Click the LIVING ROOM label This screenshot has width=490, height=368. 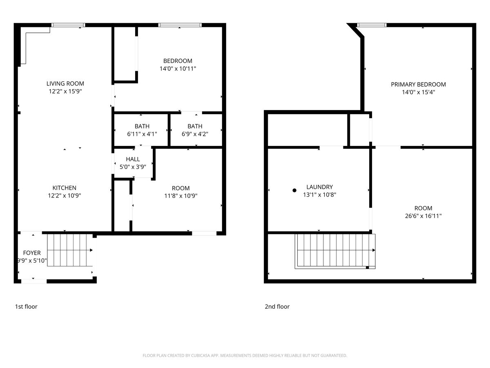65,84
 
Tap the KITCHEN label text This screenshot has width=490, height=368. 64,188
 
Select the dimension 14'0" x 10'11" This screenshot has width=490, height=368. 178,69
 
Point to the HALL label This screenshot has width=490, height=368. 133,159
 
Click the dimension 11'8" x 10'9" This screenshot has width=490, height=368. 180,195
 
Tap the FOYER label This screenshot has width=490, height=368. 32,253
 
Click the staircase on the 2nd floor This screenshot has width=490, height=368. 335,251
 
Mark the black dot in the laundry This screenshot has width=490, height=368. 294,190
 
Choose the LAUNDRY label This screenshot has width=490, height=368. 319,187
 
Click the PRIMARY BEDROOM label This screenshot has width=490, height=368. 418,85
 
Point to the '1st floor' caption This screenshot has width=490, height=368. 26,307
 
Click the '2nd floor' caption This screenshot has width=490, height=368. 277,307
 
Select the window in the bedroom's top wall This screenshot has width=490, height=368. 180,25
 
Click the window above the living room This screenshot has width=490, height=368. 68,25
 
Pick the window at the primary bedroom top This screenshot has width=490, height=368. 372,25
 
